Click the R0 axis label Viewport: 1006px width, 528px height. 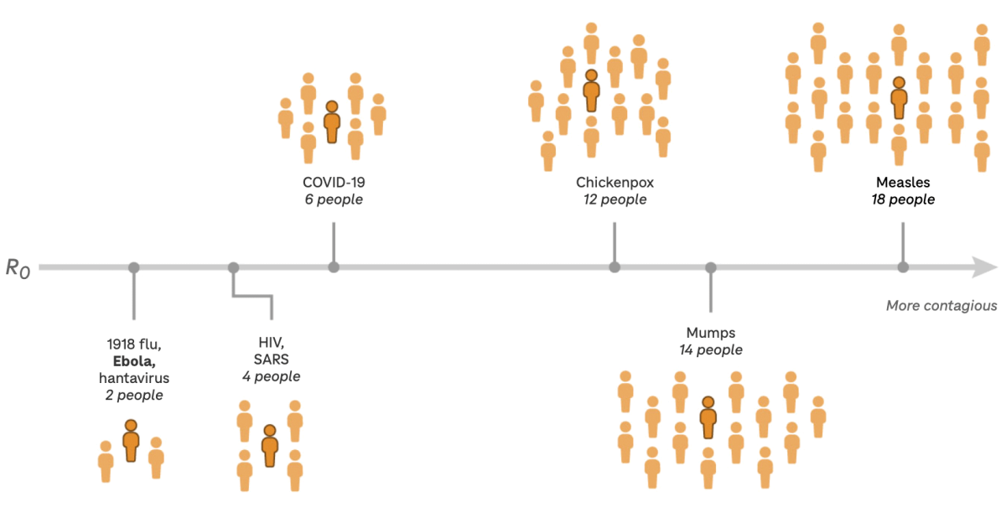[x=18, y=268]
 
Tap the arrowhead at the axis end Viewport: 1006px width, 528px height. [x=985, y=267]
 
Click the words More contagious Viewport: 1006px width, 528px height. [x=941, y=306]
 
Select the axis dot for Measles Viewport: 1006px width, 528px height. [x=903, y=267]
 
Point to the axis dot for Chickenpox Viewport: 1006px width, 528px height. [x=614, y=267]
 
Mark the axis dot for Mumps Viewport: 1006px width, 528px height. [x=711, y=267]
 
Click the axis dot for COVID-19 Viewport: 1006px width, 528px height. [x=334, y=267]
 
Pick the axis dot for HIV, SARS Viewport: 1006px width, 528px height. [x=233, y=267]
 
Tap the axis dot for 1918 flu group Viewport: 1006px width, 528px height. [x=134, y=267]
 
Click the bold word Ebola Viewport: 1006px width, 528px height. [x=134, y=361]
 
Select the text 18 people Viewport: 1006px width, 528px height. [x=903, y=199]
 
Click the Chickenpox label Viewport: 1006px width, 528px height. [x=614, y=183]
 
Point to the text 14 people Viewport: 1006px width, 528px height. [x=711, y=349]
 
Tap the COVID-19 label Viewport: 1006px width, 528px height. [x=334, y=183]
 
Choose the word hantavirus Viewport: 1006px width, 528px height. [x=134, y=378]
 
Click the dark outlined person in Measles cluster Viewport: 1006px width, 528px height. [x=899, y=98]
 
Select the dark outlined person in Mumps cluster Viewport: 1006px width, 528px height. [x=708, y=417]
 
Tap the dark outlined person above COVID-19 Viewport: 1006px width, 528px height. [x=332, y=122]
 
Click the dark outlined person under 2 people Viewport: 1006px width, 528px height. [x=131, y=441]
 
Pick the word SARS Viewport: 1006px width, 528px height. [x=272, y=360]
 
